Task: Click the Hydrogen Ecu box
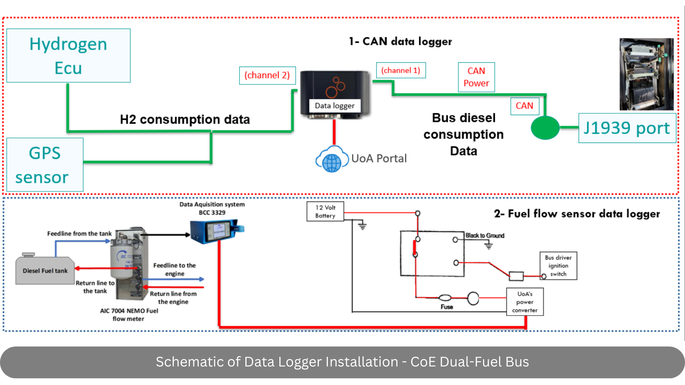click(68, 56)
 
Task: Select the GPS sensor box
click(45, 165)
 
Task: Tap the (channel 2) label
click(267, 75)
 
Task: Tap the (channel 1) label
click(401, 70)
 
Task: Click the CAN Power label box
click(476, 77)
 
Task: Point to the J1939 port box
click(627, 128)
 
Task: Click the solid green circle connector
click(545, 128)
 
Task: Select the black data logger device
click(334, 93)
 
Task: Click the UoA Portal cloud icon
click(332, 159)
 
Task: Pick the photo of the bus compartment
click(646, 74)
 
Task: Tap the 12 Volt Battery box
click(325, 211)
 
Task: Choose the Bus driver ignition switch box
click(558, 266)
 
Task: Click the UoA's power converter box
click(525, 302)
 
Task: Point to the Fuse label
click(447, 307)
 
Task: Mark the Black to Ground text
click(485, 236)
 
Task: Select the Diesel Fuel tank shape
click(45, 270)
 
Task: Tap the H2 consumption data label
click(185, 119)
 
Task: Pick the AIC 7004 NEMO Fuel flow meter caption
click(129, 315)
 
